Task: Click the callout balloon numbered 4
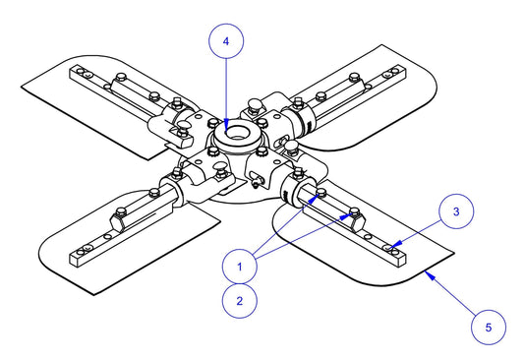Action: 226,43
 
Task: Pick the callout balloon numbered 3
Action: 455,210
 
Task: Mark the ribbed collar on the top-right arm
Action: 304,117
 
